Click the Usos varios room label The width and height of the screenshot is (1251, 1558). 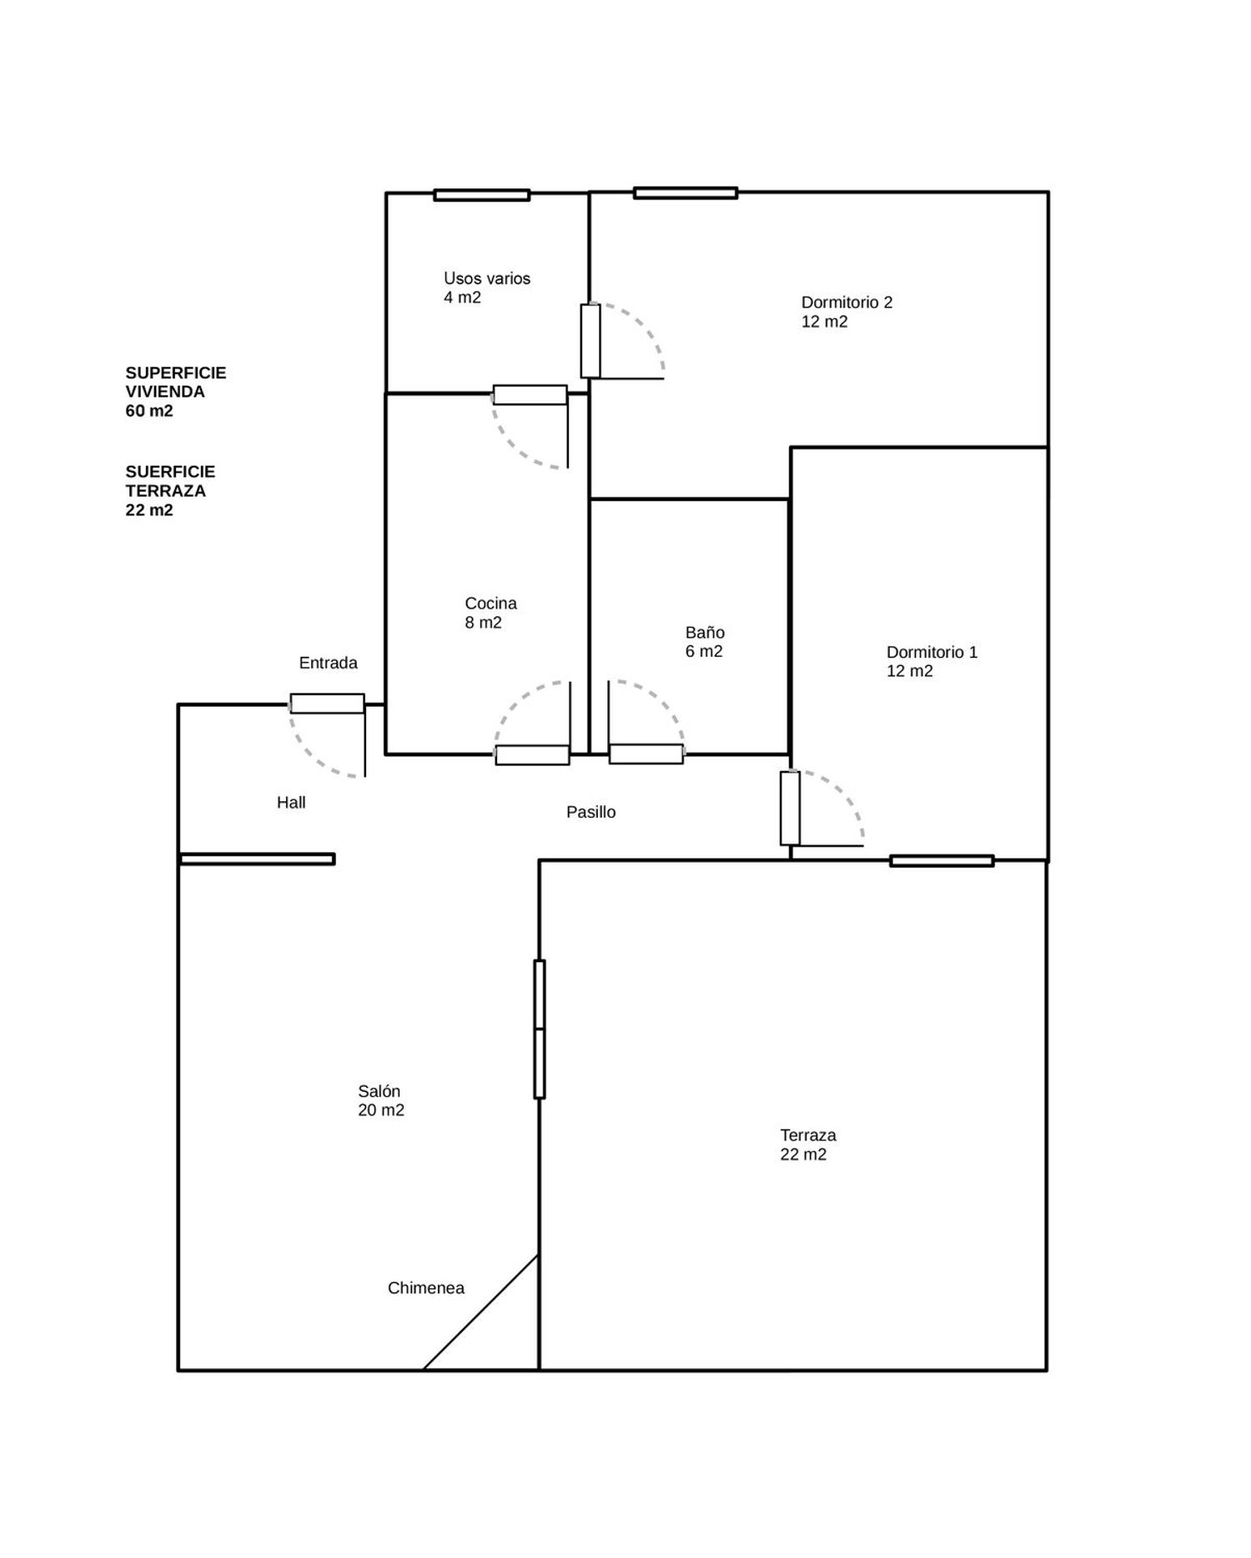[x=487, y=288]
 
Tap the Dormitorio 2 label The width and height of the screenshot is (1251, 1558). [x=847, y=312]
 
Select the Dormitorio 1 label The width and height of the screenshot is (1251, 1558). [x=932, y=661]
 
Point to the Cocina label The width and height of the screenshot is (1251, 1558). [x=490, y=613]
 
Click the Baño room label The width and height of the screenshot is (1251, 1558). [x=705, y=642]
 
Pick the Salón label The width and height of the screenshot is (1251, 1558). [x=381, y=1100]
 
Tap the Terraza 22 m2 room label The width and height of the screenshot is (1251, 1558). [x=807, y=1145]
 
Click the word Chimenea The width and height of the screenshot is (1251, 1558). [x=426, y=1288]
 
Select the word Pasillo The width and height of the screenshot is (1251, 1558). [x=591, y=812]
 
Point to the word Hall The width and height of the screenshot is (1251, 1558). [x=291, y=803]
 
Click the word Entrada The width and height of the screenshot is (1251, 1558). [x=329, y=663]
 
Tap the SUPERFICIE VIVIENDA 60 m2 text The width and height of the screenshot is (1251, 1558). [x=176, y=392]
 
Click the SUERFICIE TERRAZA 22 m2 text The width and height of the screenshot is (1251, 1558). [x=170, y=491]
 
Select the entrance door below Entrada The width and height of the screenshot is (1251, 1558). [x=327, y=704]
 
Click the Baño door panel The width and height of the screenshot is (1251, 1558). [x=646, y=754]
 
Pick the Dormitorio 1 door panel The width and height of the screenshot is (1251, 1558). [x=790, y=809]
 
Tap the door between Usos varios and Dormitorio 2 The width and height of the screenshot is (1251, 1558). [x=590, y=341]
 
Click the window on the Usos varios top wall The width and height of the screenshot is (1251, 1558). [x=482, y=195]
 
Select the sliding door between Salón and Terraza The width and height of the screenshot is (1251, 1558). [x=540, y=1029]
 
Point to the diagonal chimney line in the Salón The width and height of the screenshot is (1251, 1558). [x=480, y=1312]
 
